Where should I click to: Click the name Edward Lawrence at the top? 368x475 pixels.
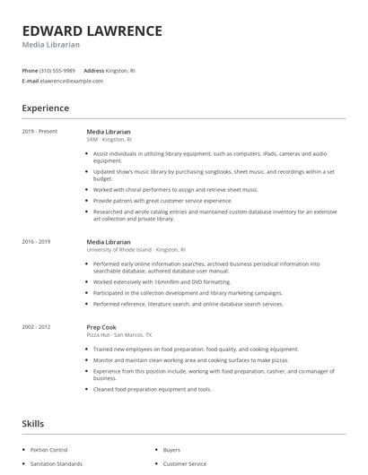click(92, 31)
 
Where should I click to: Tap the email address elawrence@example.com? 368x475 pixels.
click(72, 81)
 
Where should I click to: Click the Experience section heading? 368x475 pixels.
click(46, 108)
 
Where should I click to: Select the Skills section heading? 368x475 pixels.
click(32, 423)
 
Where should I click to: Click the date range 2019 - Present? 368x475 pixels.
click(40, 131)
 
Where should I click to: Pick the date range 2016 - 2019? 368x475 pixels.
click(37, 241)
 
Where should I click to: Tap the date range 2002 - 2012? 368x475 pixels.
click(37, 328)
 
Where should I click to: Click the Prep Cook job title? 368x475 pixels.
click(101, 328)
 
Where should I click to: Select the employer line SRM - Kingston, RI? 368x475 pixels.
click(110, 140)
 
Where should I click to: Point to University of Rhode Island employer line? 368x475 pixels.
click(136, 250)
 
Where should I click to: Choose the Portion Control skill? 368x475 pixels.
click(50, 449)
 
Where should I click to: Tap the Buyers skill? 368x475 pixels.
click(171, 449)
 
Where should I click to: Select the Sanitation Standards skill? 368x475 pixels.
click(57, 463)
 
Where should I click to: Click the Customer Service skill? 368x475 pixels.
click(184, 463)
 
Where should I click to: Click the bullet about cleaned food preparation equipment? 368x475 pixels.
click(153, 389)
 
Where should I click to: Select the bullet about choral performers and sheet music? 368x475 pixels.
click(175, 189)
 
